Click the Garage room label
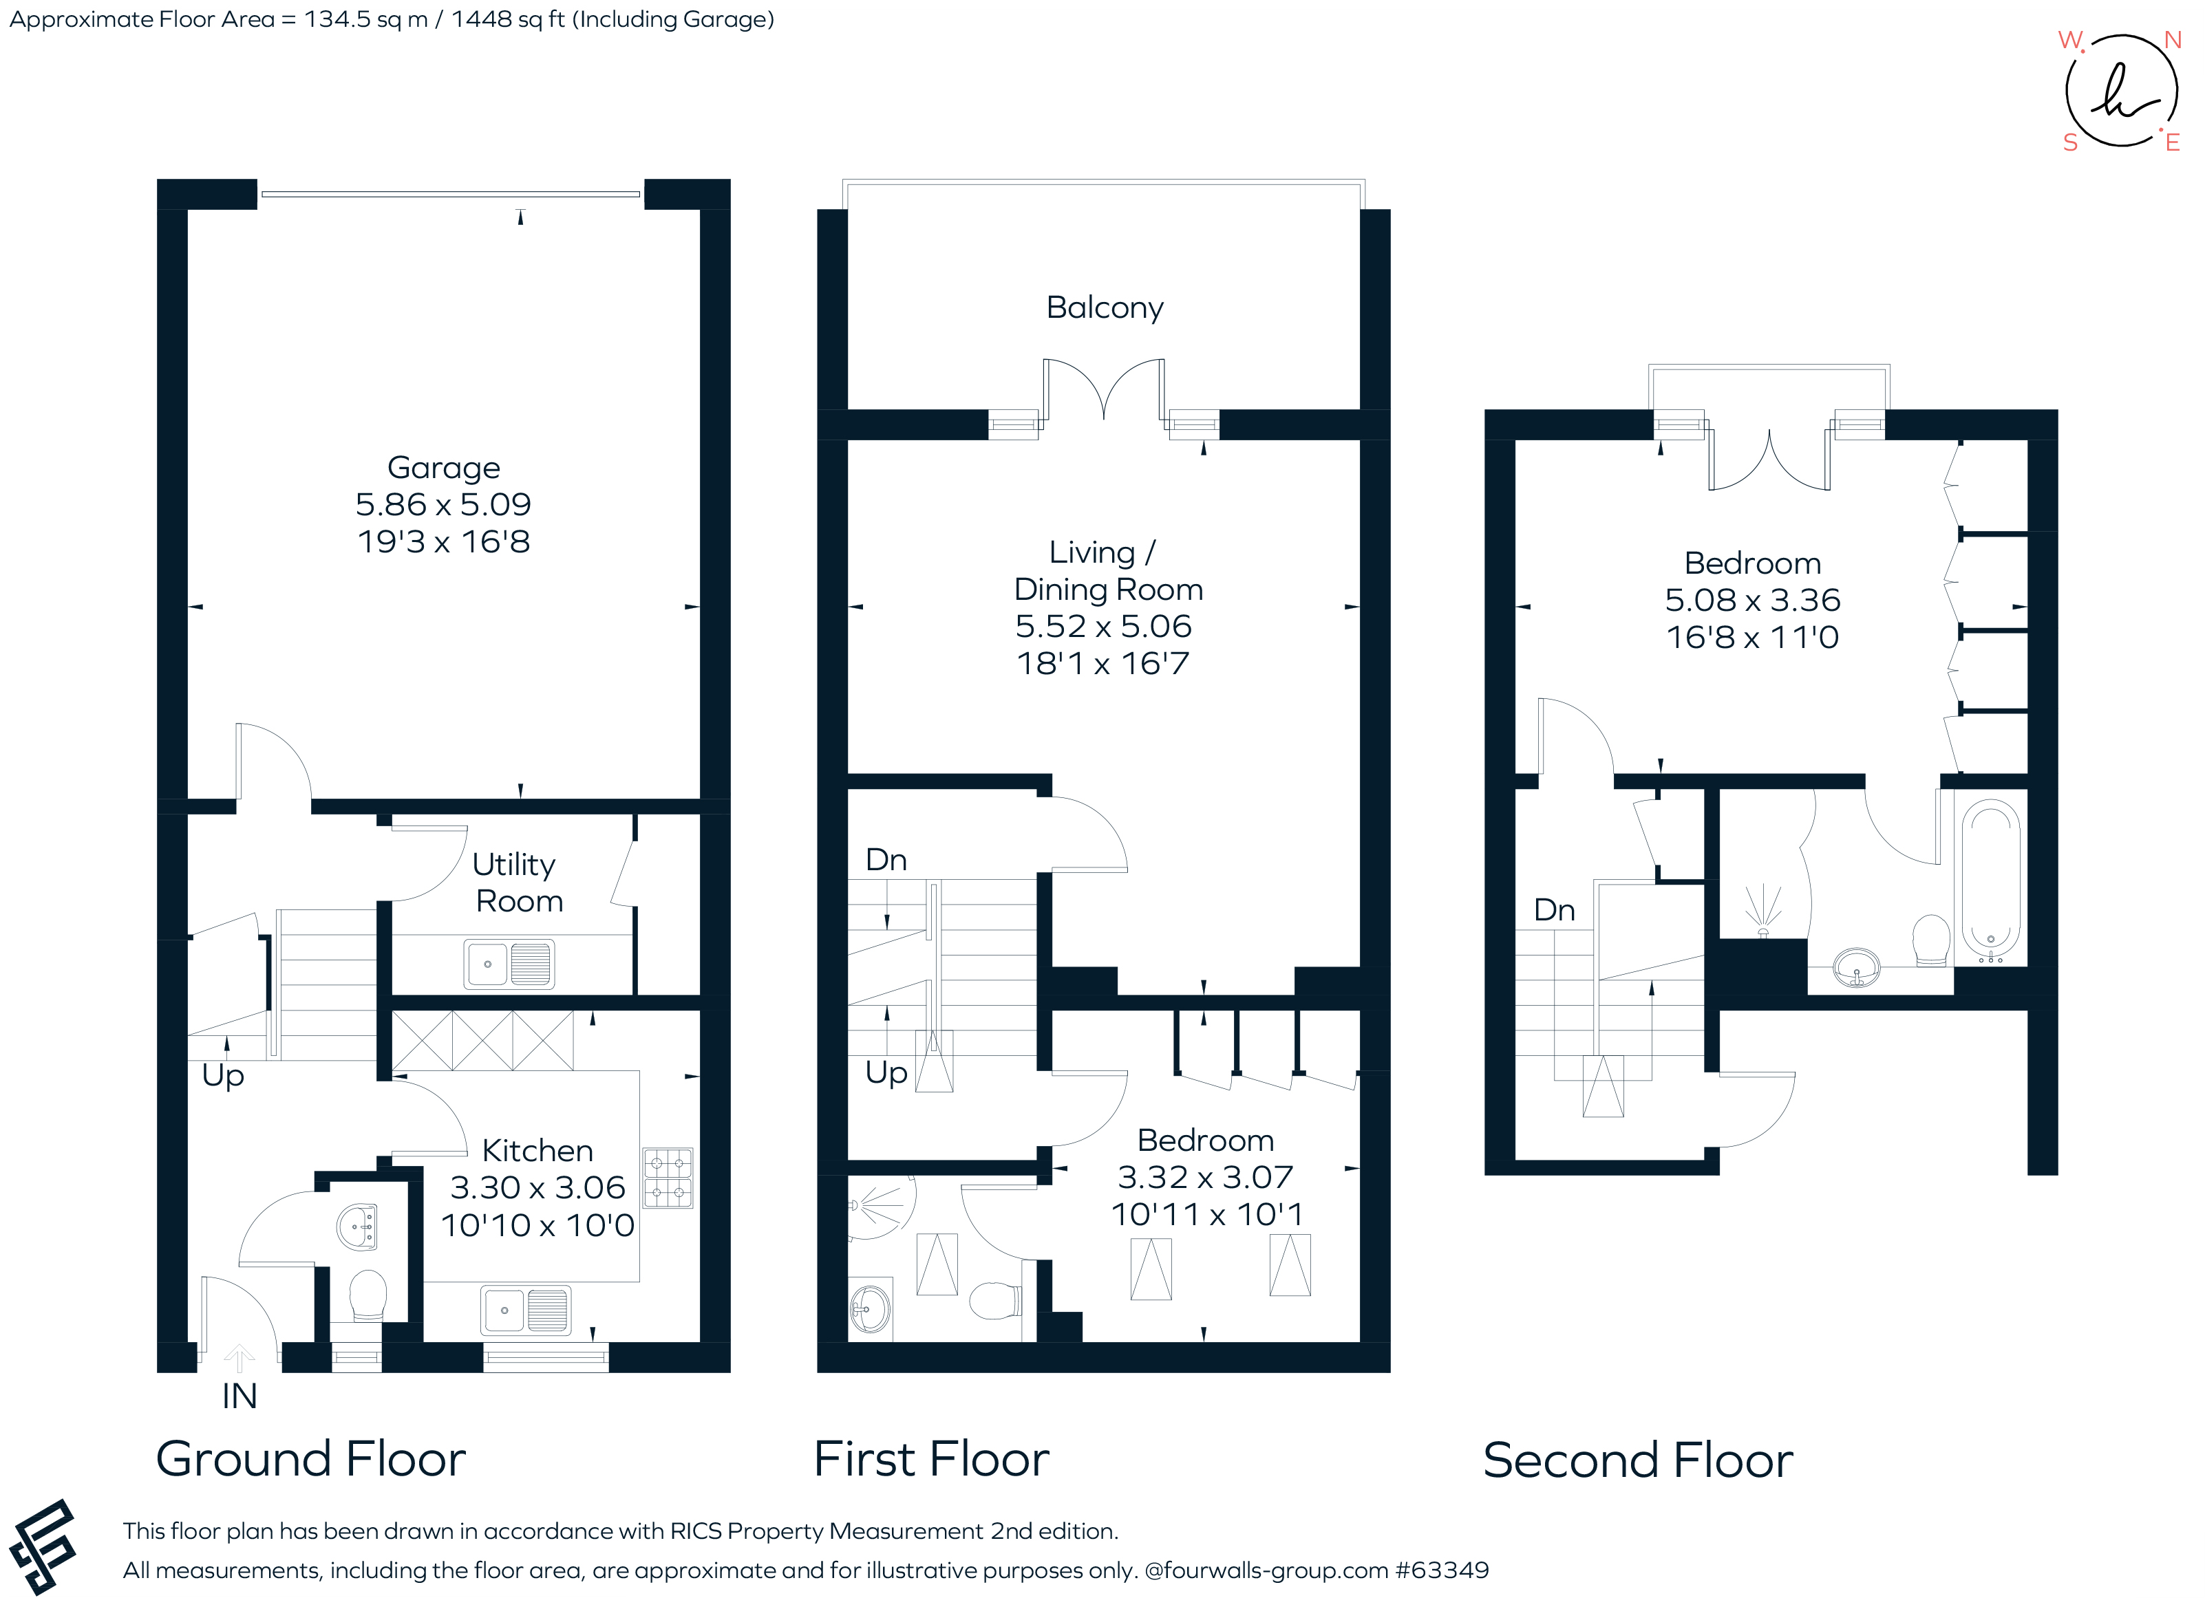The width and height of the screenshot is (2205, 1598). coord(443,468)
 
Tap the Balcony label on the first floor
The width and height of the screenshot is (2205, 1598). coord(1105,307)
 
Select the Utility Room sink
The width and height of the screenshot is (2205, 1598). coord(509,964)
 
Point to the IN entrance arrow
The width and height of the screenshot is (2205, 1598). coord(239,1358)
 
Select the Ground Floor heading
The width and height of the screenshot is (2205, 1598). coord(311,1459)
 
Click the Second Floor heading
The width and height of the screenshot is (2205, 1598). coord(1637,1460)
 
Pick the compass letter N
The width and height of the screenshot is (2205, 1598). coord(2172,40)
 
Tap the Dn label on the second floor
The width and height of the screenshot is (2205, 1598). coord(1553,911)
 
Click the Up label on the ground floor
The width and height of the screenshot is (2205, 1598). coord(223,1075)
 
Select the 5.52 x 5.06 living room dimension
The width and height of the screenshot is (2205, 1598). coord(1103,626)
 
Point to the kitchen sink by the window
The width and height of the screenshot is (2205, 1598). coord(526,1310)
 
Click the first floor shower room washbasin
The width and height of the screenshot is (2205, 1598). coord(869,1308)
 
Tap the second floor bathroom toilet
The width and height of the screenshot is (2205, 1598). coord(1931,940)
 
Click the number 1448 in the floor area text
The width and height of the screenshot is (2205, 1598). coord(482,19)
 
